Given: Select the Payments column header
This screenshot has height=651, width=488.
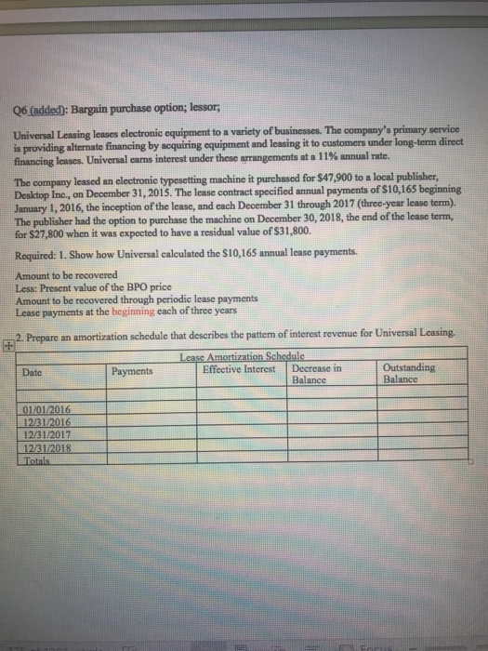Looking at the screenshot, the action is coord(132,371).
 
